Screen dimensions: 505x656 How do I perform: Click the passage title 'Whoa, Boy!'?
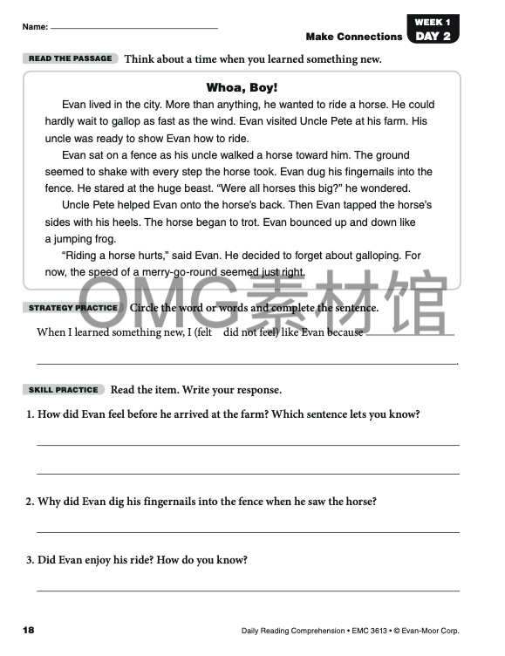point(242,87)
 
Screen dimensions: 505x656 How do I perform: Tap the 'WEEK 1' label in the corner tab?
point(432,21)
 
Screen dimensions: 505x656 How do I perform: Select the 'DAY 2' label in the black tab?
point(433,36)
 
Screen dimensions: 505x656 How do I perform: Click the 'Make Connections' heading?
point(354,37)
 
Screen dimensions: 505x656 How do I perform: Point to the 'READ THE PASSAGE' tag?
point(71,58)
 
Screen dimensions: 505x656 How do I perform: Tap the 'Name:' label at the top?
point(36,28)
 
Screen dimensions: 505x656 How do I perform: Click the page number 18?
point(29,629)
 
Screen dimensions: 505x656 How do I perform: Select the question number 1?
point(29,414)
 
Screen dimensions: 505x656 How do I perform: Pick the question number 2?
point(29,502)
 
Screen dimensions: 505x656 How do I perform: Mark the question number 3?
point(29,560)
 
